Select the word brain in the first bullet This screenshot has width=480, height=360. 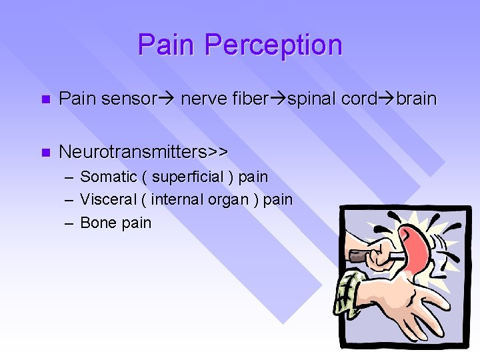[416, 99]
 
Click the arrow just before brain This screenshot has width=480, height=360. [387, 99]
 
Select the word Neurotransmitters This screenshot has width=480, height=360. [133, 152]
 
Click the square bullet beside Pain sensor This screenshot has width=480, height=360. [44, 100]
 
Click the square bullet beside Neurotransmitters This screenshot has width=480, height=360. [44, 153]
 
